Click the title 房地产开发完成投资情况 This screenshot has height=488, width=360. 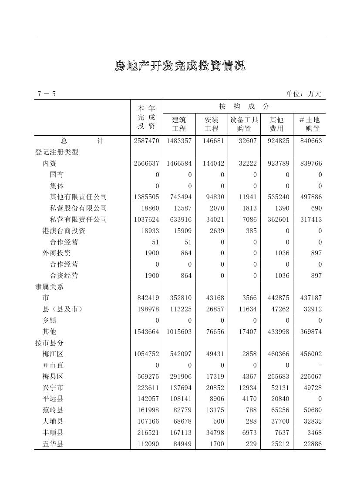(180, 66)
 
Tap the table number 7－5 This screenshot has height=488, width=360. (47, 94)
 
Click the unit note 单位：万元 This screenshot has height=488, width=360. (303, 94)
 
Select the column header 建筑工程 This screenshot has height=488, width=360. (179, 124)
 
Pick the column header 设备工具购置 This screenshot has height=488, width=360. (244, 124)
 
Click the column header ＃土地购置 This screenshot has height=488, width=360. (310, 124)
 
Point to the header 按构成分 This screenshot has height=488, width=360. (244, 107)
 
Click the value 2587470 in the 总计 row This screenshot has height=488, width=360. (147, 141)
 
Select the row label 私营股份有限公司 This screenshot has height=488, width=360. (78, 208)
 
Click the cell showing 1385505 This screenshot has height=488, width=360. (147, 197)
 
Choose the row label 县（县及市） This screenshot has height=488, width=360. (63, 309)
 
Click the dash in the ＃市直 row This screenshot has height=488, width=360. (320, 365)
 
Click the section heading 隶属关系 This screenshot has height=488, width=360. (49, 287)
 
